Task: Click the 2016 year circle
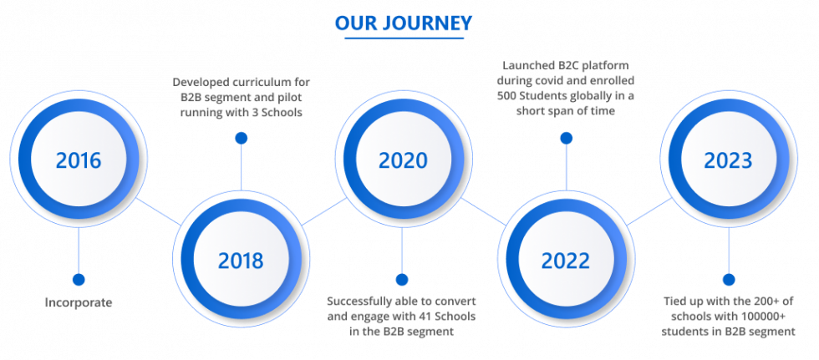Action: [x=79, y=160]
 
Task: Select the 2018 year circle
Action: [x=241, y=260]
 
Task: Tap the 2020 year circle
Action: [x=403, y=160]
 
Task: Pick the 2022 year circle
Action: [x=566, y=260]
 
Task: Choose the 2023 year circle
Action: [x=728, y=160]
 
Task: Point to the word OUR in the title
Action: [x=354, y=23]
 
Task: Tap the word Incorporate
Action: [x=79, y=302]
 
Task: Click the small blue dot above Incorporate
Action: [x=79, y=280]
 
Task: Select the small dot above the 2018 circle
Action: [x=241, y=138]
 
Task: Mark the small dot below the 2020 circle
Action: [x=402, y=280]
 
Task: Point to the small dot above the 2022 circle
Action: [x=566, y=138]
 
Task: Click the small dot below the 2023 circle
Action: [x=728, y=280]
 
